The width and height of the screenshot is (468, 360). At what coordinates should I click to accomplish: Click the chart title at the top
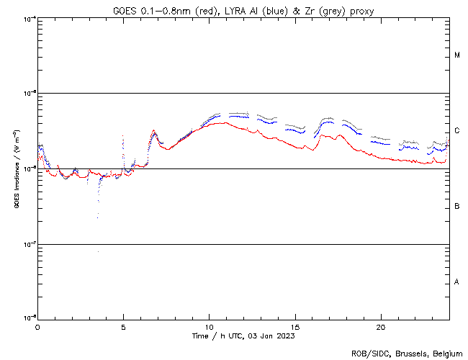pos(243,9)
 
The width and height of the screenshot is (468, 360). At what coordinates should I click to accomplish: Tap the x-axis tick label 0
pos(37,327)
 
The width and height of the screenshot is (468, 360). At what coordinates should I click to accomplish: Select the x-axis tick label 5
pos(123,327)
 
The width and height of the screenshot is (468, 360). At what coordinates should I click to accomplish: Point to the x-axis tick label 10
pos(209,327)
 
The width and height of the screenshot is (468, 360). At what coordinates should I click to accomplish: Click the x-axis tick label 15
pos(294,327)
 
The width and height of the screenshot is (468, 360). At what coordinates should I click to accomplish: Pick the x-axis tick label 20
pos(380,327)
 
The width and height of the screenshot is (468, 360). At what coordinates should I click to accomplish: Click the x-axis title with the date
pos(243,336)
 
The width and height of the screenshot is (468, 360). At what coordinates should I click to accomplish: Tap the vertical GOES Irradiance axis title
pos(17,169)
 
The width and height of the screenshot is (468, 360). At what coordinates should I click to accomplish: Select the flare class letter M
pos(457,55)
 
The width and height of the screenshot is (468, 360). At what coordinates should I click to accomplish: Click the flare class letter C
pos(457,131)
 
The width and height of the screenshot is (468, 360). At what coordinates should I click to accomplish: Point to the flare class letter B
pos(457,207)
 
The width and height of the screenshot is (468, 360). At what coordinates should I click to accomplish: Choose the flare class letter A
pos(457,282)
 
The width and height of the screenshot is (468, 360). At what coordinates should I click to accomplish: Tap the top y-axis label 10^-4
pos(29,18)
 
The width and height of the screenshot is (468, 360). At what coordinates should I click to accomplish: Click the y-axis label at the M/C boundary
pos(29,94)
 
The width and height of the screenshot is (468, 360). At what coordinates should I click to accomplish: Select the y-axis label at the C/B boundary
pos(29,169)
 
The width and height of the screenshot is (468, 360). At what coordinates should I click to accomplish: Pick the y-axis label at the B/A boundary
pos(29,244)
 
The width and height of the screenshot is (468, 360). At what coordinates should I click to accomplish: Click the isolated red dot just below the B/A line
pos(98,251)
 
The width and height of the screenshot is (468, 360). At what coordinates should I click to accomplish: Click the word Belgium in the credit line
pos(445,353)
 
